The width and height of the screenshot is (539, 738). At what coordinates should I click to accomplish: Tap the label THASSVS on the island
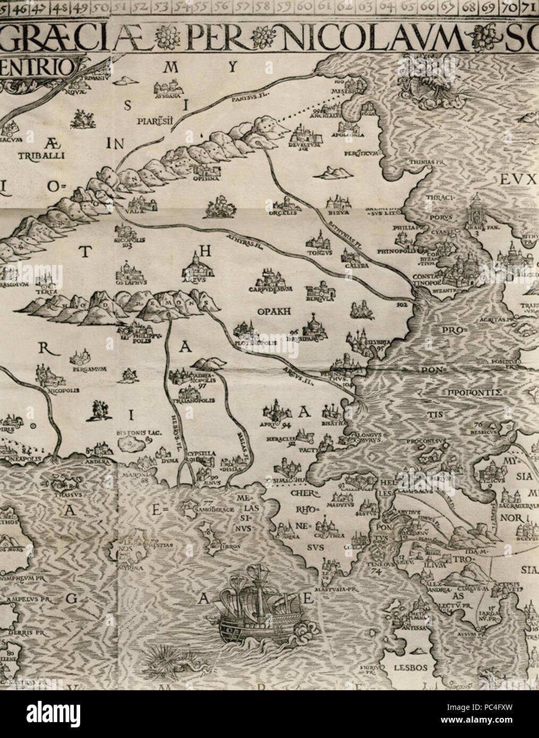click(65, 492)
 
